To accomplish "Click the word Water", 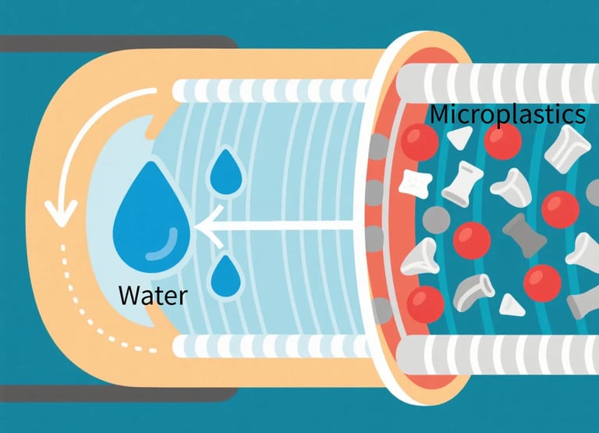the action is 152,295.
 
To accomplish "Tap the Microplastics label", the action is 507,115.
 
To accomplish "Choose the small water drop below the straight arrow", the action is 225,275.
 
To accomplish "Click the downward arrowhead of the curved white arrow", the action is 59,208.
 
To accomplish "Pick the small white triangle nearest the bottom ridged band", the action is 510,303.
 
